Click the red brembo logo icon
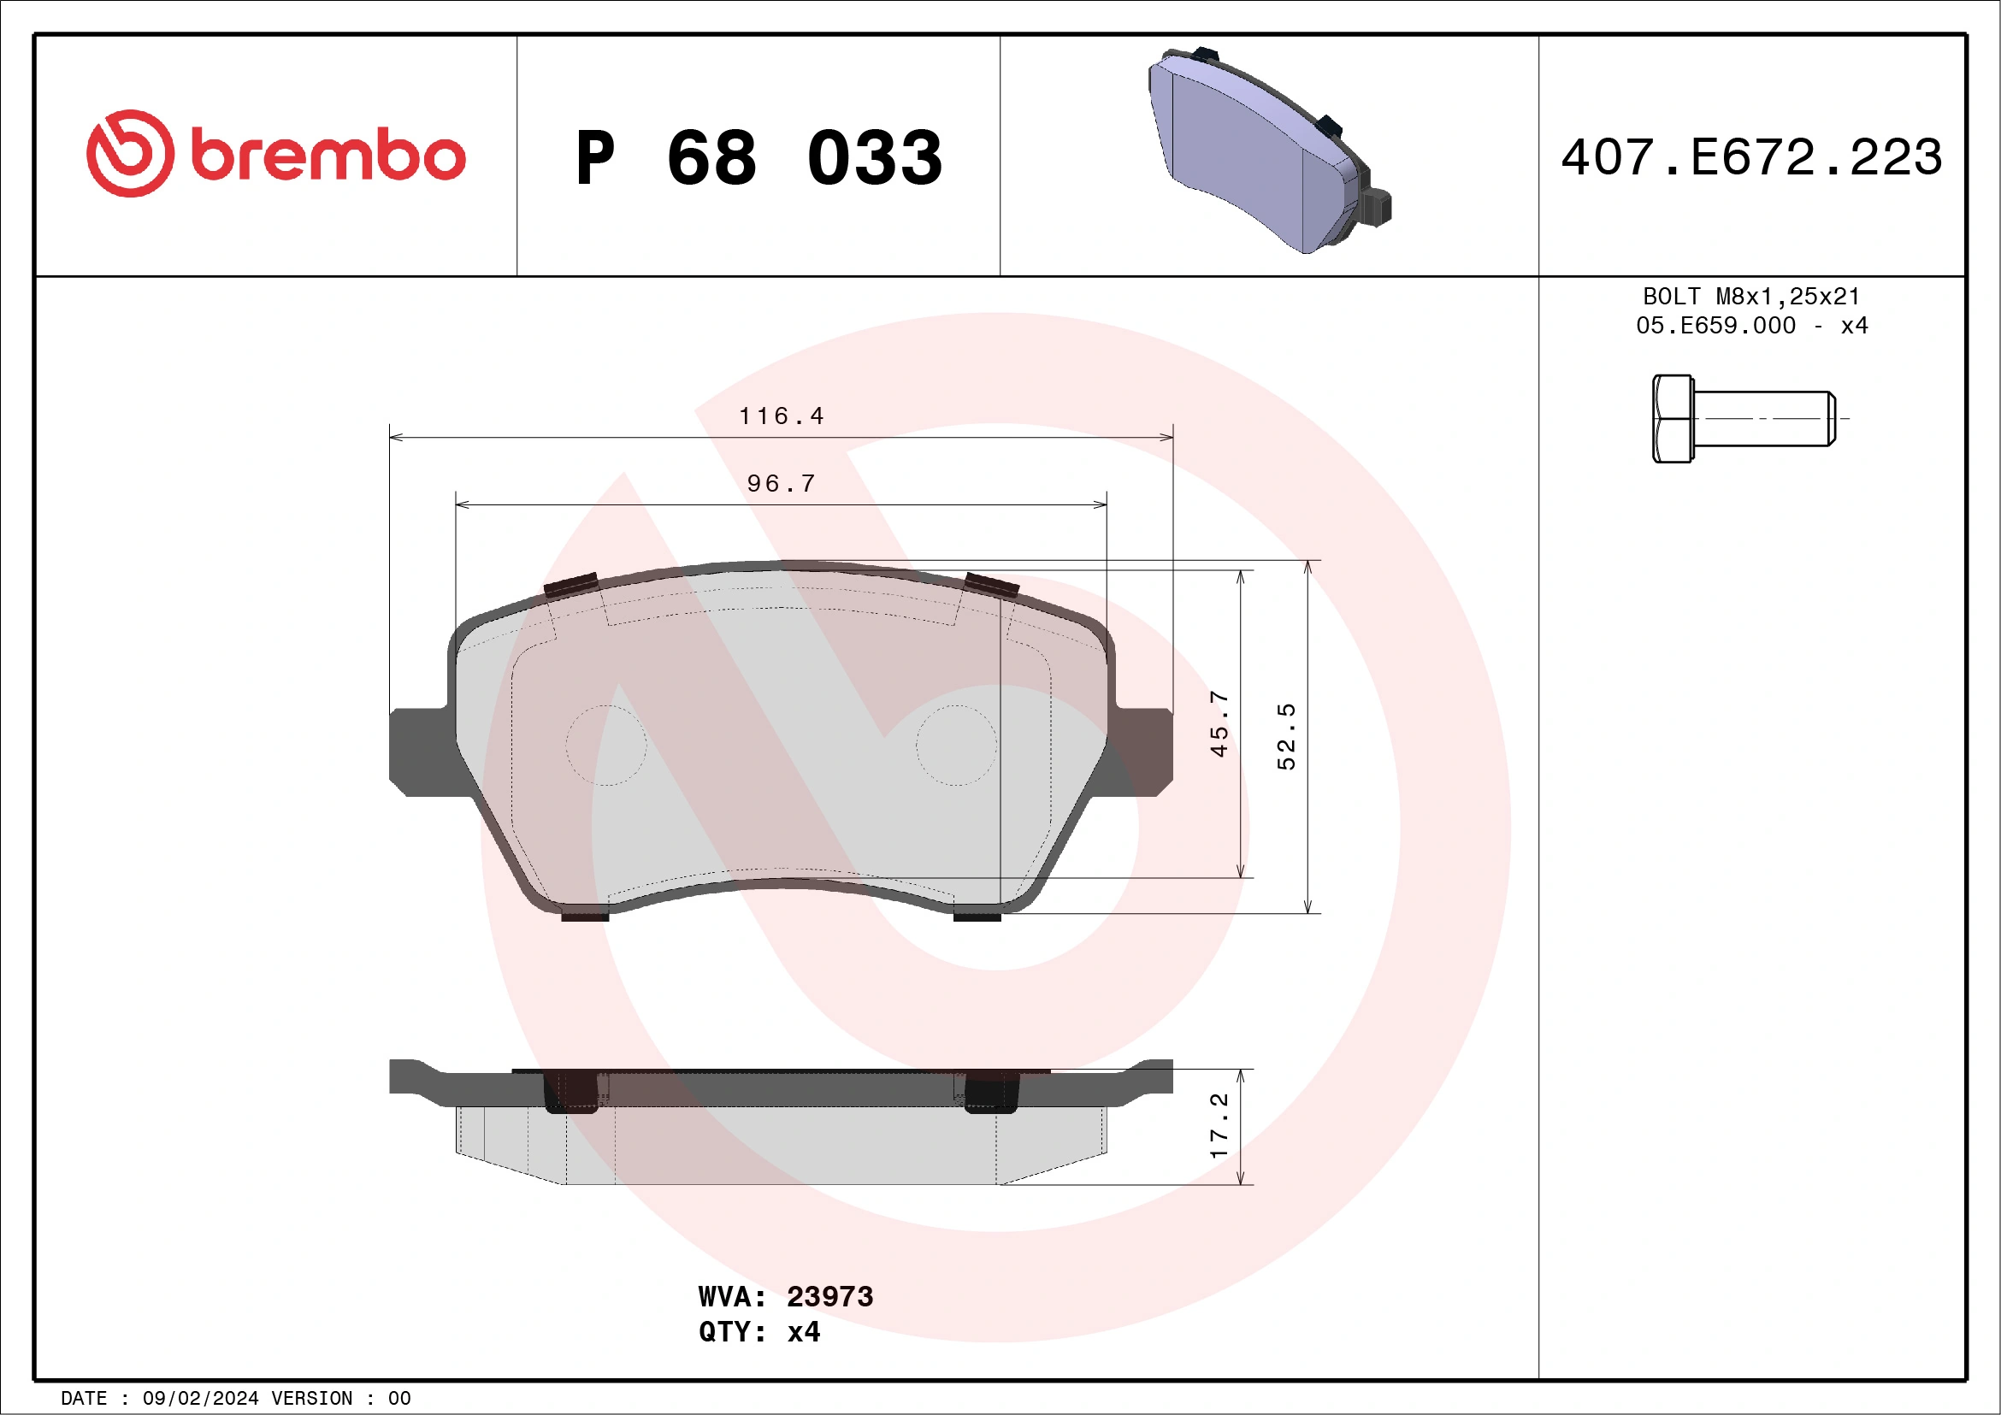coord(130,153)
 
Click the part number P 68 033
coord(758,157)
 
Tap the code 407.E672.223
coord(1752,157)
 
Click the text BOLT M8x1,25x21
coord(1752,296)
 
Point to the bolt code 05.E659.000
coord(1715,326)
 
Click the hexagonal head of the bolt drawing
coord(1672,419)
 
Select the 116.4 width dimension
coord(781,416)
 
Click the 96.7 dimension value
coord(781,484)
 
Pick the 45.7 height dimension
coord(1219,723)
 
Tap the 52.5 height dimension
coord(1286,736)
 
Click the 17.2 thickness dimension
coord(1219,1125)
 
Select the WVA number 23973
coord(829,1296)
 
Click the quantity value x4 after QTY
coord(804,1332)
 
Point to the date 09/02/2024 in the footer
coord(200,1399)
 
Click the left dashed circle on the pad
coord(605,746)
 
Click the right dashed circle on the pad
coord(956,746)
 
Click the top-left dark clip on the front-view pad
coord(571,585)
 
